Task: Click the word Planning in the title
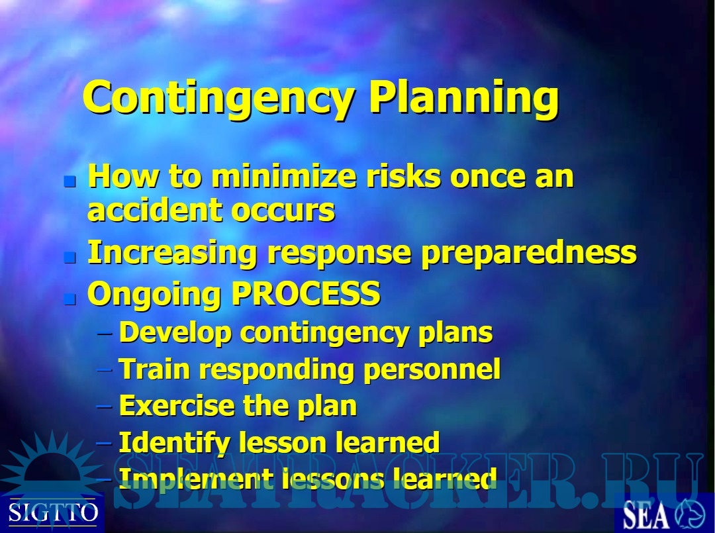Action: point(464,99)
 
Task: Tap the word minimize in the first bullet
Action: point(283,176)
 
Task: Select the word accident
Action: point(154,210)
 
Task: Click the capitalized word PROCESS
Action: point(307,293)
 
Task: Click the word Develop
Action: point(175,334)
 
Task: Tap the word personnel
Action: point(432,370)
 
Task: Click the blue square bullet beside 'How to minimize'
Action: point(70,182)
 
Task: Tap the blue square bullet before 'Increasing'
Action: point(70,258)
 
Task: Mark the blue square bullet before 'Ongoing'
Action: point(70,299)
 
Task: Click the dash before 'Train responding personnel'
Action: point(105,370)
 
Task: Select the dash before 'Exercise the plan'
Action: point(105,407)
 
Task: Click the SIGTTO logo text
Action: point(53,513)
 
